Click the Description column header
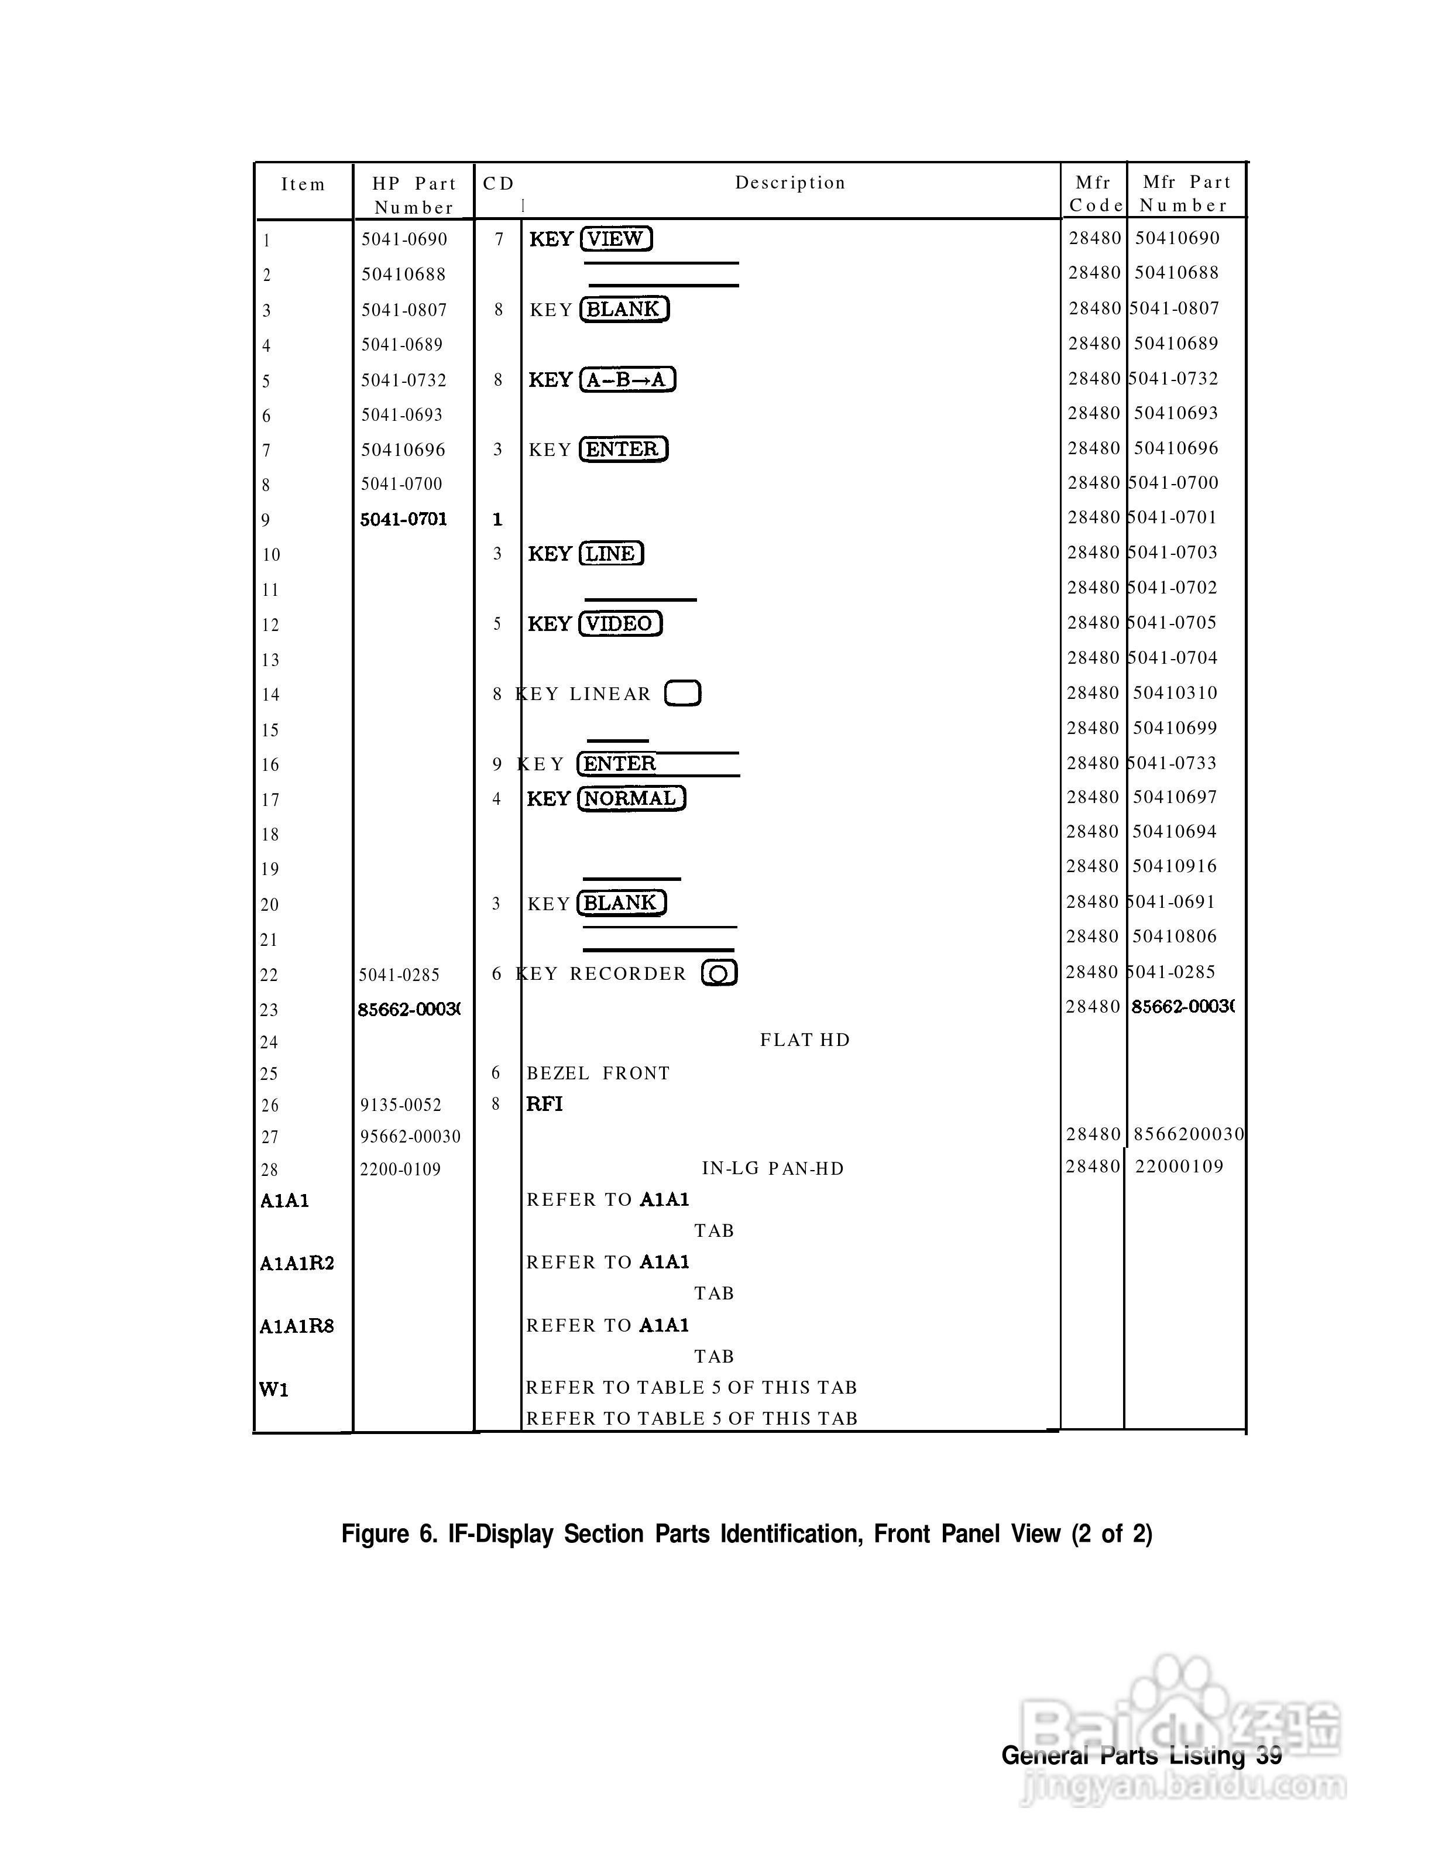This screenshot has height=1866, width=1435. coord(790,183)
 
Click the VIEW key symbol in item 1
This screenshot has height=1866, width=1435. coord(616,239)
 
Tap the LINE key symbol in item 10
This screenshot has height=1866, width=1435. coord(611,554)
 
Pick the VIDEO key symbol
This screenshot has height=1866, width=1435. coord(620,625)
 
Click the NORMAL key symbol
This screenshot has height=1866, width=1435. coord(631,799)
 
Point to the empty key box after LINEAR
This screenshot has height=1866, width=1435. coord(682,693)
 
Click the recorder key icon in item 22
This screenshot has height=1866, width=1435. coord(719,973)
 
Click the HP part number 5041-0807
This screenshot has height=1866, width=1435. coord(404,310)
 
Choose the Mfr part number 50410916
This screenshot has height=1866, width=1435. coord(1175,866)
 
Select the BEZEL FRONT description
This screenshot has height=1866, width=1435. coord(598,1073)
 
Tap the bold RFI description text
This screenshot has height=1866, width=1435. coord(545,1104)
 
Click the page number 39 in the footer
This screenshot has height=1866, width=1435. coord(1269,1756)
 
